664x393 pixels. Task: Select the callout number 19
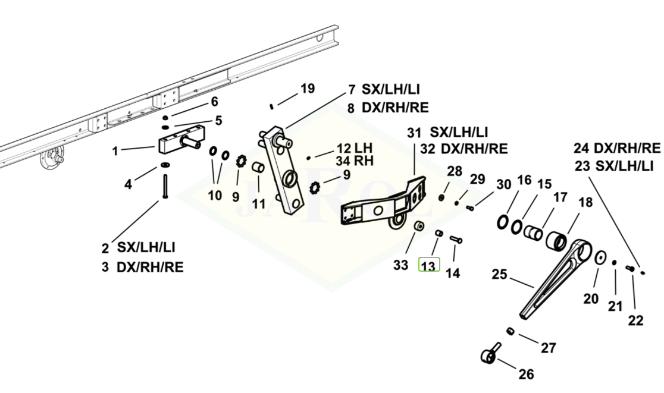tap(308, 89)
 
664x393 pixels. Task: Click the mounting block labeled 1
tap(182, 142)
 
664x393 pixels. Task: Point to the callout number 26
tap(527, 374)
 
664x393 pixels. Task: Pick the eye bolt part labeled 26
tap(491, 353)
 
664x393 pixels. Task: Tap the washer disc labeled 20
tap(600, 257)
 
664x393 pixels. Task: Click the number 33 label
tap(400, 265)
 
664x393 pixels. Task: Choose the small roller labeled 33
tap(419, 226)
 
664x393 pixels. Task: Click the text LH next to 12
tap(364, 148)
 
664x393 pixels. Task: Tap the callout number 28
tap(455, 171)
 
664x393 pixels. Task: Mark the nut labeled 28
tap(441, 197)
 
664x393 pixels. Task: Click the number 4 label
tap(128, 184)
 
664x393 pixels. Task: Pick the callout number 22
tap(635, 320)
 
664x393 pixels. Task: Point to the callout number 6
tap(214, 102)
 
